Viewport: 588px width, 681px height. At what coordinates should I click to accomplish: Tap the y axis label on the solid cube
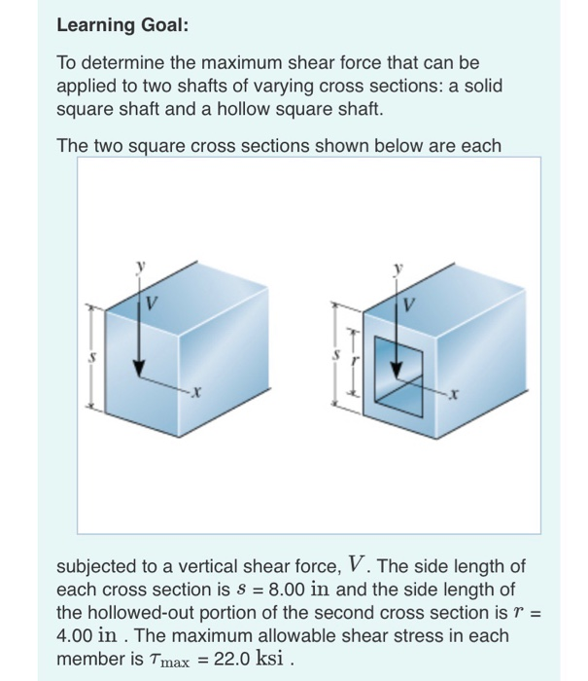141,266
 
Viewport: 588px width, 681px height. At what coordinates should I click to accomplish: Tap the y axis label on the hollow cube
397,267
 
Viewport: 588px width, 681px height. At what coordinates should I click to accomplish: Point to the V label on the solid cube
153,304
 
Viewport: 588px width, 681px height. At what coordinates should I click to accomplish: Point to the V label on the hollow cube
408,304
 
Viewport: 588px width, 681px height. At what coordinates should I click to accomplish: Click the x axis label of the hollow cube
452,393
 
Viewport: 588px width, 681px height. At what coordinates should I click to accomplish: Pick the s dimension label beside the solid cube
91,356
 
